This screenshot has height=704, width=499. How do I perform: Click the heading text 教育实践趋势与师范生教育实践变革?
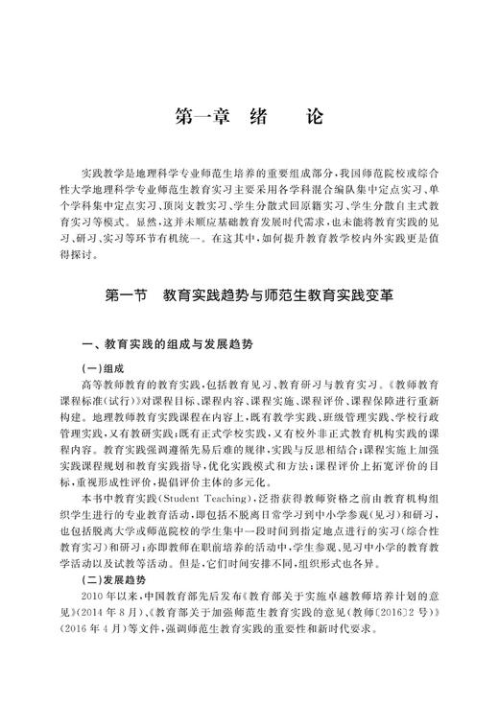coord(278,298)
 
